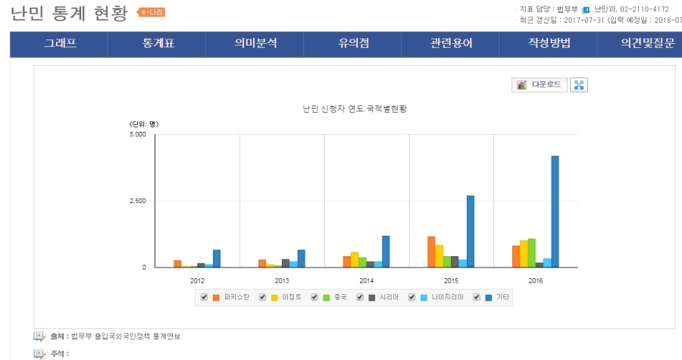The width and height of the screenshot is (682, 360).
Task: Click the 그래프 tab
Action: coord(60,43)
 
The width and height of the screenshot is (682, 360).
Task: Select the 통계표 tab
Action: coord(158,43)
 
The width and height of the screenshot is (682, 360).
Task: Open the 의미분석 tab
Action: coord(255,43)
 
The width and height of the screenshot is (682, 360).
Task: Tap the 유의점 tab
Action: coord(353,43)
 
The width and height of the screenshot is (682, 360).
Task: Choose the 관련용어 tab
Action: coord(451,43)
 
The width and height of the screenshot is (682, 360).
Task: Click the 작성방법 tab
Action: coord(549,43)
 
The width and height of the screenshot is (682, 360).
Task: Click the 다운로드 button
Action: coord(539,84)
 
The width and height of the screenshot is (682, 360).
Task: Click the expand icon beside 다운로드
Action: coord(579,84)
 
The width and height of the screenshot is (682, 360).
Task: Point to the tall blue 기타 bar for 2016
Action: coord(555,211)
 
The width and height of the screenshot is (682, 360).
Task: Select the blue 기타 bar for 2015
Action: coord(471,231)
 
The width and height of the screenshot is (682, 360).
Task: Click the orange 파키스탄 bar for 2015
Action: coord(431,252)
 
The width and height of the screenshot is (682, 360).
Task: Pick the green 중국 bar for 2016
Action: coord(532,253)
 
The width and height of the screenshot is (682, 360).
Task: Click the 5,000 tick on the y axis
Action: coord(136,135)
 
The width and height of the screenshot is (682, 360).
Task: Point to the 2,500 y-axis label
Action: coord(136,201)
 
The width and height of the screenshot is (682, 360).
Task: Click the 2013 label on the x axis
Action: coord(282,280)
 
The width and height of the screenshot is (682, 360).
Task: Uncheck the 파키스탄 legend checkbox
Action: coord(204,297)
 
